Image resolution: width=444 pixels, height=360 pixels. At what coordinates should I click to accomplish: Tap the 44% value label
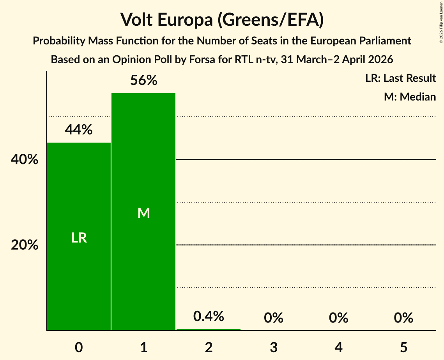tap(78, 130)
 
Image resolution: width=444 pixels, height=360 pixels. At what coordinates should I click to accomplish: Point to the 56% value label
tap(144, 81)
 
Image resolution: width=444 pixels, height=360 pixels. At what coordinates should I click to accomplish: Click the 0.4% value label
tap(209, 316)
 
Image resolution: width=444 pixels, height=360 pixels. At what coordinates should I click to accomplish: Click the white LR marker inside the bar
tap(79, 238)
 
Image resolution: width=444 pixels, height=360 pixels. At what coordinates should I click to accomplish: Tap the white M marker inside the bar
tap(144, 213)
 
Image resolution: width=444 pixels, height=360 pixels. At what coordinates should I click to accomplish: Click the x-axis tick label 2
tap(209, 347)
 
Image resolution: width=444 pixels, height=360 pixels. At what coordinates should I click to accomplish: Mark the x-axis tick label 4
tap(338, 347)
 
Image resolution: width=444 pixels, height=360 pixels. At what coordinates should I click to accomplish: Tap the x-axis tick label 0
tap(79, 347)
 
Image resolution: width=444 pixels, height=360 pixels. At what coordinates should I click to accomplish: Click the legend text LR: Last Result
tap(400, 78)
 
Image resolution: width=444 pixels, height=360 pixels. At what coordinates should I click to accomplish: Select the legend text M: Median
tap(410, 97)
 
